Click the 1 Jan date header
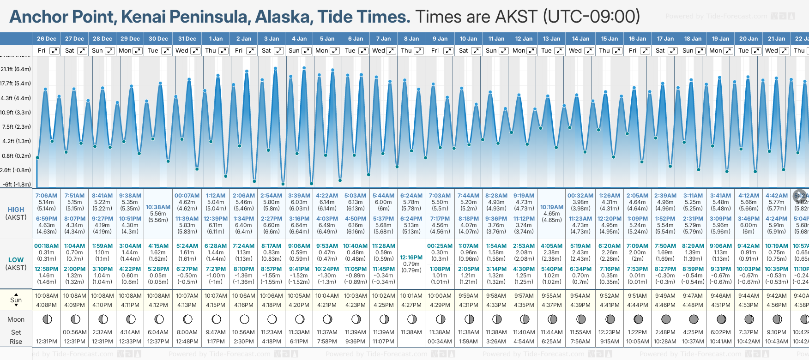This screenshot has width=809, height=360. coord(216,39)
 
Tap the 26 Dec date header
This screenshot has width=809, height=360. coord(47,39)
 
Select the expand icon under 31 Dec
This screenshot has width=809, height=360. coord(195,51)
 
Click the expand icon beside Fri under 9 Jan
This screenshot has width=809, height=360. coord(447,51)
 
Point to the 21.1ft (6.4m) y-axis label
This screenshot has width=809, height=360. coord(16,69)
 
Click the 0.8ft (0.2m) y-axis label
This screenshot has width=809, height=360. coord(16,156)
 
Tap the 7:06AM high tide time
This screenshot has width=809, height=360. coord(46,196)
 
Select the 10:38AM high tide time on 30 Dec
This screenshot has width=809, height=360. coord(158,207)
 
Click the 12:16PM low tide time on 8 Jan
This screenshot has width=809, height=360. coord(411,258)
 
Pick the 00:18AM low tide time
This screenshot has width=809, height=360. coord(46,246)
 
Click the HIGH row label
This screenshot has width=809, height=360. coord(16,210)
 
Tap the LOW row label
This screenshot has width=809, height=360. coord(16,260)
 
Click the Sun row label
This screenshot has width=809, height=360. coord(16,300)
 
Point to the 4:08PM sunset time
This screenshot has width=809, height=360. coord(46,305)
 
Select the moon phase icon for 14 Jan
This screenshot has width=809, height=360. coord(581,319)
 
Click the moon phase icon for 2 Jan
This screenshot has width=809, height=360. coord(244,319)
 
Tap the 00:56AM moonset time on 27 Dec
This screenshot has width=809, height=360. coord(74,332)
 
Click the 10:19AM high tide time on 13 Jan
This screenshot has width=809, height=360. coord(552,207)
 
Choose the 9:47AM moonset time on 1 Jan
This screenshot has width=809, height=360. coord(216,332)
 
